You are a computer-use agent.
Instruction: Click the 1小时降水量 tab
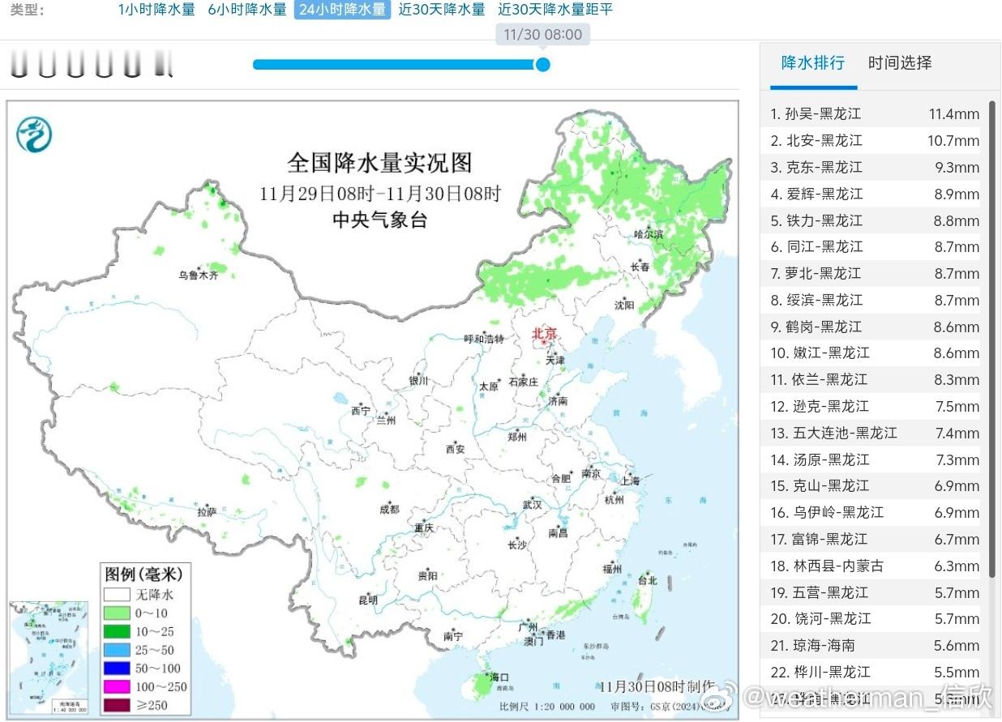pyautogui.click(x=156, y=10)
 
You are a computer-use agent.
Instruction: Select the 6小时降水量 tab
pyautogui.click(x=247, y=10)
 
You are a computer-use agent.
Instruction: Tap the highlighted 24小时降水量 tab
pyautogui.click(x=342, y=10)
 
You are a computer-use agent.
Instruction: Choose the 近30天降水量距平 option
pyautogui.click(x=555, y=10)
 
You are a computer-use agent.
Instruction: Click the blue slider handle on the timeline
pyautogui.click(x=543, y=64)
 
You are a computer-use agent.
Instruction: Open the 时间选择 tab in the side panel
pyautogui.click(x=900, y=63)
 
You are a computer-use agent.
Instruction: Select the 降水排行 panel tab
pyautogui.click(x=813, y=63)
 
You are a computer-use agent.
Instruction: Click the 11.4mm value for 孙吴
pyautogui.click(x=954, y=114)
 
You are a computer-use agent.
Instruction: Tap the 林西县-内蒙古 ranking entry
pyautogui.click(x=828, y=566)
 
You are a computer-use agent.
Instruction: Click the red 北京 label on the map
pyautogui.click(x=545, y=333)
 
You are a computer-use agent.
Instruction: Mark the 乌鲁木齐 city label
pyautogui.click(x=199, y=276)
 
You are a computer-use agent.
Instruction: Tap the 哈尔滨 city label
pyautogui.click(x=649, y=234)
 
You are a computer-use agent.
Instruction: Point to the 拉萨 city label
pyautogui.click(x=207, y=512)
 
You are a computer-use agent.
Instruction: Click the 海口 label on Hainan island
pyautogui.click(x=499, y=677)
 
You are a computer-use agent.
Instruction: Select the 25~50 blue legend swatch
pyautogui.click(x=117, y=650)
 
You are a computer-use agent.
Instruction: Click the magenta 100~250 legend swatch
pyautogui.click(x=117, y=686)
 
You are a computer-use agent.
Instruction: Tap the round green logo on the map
pyautogui.click(x=34, y=135)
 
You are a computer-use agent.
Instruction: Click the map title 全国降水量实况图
pyautogui.click(x=379, y=163)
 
